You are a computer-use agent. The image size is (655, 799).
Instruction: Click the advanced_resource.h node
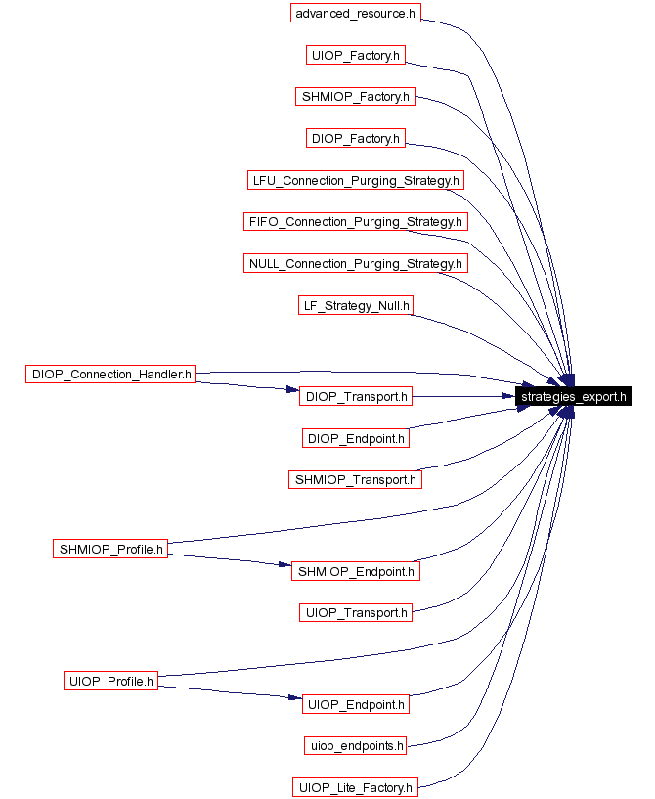pyautogui.click(x=356, y=14)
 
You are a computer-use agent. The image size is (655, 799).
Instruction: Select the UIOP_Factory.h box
pyautogui.click(x=356, y=56)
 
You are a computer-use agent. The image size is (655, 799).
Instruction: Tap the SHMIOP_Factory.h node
pyautogui.click(x=356, y=97)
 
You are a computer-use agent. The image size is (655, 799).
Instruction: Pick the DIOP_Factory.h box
pyautogui.click(x=356, y=139)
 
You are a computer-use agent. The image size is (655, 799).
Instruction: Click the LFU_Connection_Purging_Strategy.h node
pyautogui.click(x=356, y=180)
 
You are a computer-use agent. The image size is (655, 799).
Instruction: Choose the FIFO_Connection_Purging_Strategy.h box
pyautogui.click(x=356, y=222)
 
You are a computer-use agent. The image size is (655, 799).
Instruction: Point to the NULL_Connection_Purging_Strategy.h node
pyautogui.click(x=356, y=263)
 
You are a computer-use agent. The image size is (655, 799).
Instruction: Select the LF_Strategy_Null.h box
pyautogui.click(x=356, y=306)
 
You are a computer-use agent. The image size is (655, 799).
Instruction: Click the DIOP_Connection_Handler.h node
pyautogui.click(x=111, y=373)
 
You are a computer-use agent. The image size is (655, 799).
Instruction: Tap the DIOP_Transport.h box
pyautogui.click(x=356, y=396)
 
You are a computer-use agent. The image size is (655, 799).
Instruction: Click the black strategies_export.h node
pyautogui.click(x=573, y=396)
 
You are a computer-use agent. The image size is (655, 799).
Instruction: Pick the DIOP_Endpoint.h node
pyautogui.click(x=356, y=438)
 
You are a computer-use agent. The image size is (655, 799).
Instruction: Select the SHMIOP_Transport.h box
pyautogui.click(x=356, y=479)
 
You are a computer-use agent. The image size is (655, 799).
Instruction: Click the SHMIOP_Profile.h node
pyautogui.click(x=110, y=549)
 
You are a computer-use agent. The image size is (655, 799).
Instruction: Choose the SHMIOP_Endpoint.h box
pyautogui.click(x=356, y=571)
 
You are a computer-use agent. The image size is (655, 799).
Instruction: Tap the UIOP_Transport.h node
pyautogui.click(x=356, y=612)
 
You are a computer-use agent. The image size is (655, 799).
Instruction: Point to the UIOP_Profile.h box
pyautogui.click(x=111, y=681)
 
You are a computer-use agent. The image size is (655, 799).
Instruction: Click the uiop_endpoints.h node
pyautogui.click(x=356, y=745)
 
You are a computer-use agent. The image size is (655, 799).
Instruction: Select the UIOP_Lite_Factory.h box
pyautogui.click(x=356, y=787)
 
